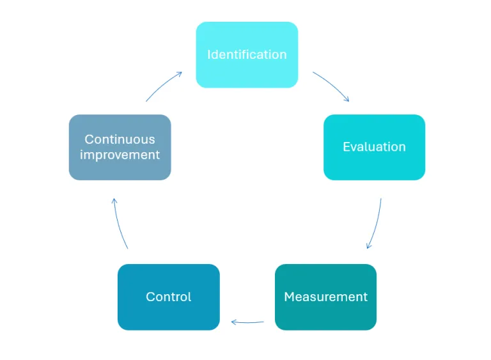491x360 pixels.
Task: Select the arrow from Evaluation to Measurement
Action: coord(377,224)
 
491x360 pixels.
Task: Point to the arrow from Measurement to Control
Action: coord(248,322)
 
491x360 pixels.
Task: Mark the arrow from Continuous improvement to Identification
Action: coord(164,86)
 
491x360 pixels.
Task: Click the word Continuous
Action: coord(120,139)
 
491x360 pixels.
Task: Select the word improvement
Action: coord(120,155)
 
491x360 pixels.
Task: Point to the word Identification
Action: coord(247,54)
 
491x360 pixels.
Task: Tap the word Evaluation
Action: coord(374,146)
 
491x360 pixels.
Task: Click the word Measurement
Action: coord(325,297)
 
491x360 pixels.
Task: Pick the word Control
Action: coord(169,297)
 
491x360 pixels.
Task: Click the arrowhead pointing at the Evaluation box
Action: coord(347,99)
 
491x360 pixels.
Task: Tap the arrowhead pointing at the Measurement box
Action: coord(368,246)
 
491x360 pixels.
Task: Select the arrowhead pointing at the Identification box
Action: coord(180,74)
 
